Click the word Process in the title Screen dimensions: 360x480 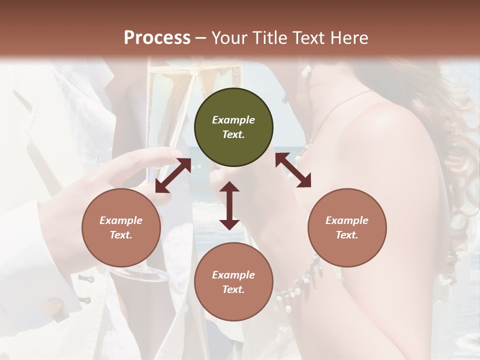(157, 38)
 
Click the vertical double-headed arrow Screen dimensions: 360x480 (229, 205)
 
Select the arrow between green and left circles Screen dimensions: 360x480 (173, 175)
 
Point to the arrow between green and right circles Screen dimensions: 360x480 (293, 170)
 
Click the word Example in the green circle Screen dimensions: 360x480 (233, 120)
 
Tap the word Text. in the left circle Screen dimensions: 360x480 (121, 235)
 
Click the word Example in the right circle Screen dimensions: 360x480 (347, 220)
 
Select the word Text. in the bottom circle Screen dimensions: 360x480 (233, 289)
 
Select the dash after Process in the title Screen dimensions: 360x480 (201, 38)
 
